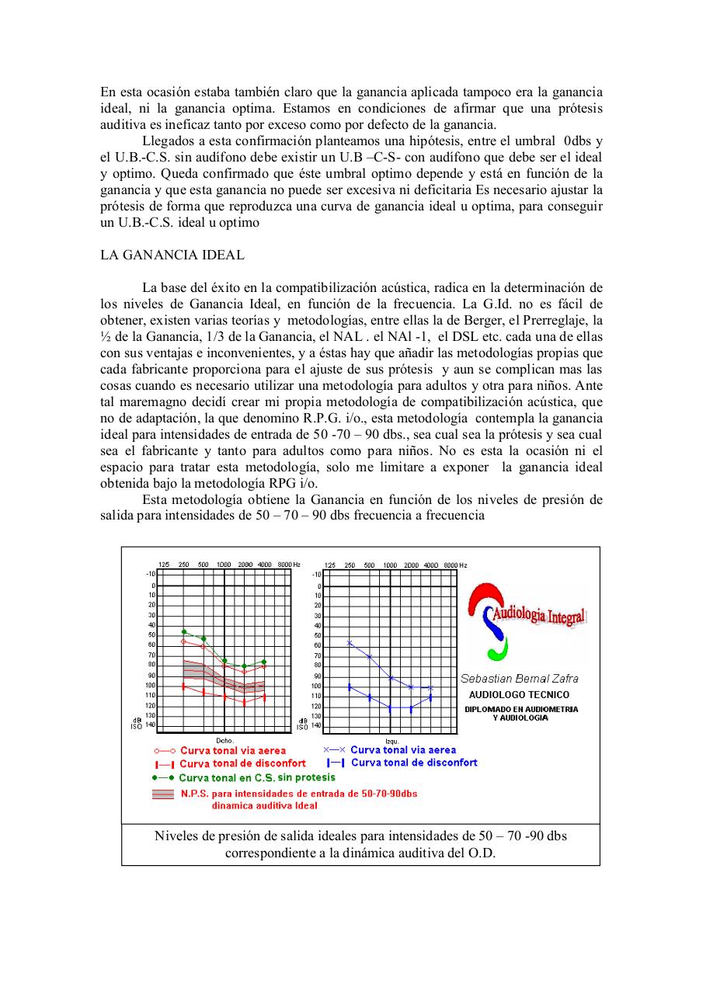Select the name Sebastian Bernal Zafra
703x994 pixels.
pos(520,678)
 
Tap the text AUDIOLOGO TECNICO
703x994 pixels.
pos(519,694)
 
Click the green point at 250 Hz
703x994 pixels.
pos(184,631)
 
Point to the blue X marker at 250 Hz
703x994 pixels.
pos(350,643)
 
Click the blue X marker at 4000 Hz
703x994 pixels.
pos(430,688)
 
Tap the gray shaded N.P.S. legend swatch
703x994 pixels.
pos(163,794)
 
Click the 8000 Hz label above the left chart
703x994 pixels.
pos(286,565)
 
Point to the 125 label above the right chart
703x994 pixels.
pos(330,565)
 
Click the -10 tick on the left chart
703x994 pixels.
pos(151,573)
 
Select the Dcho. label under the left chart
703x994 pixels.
pos(224,740)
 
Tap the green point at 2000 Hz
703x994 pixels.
pos(244,666)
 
